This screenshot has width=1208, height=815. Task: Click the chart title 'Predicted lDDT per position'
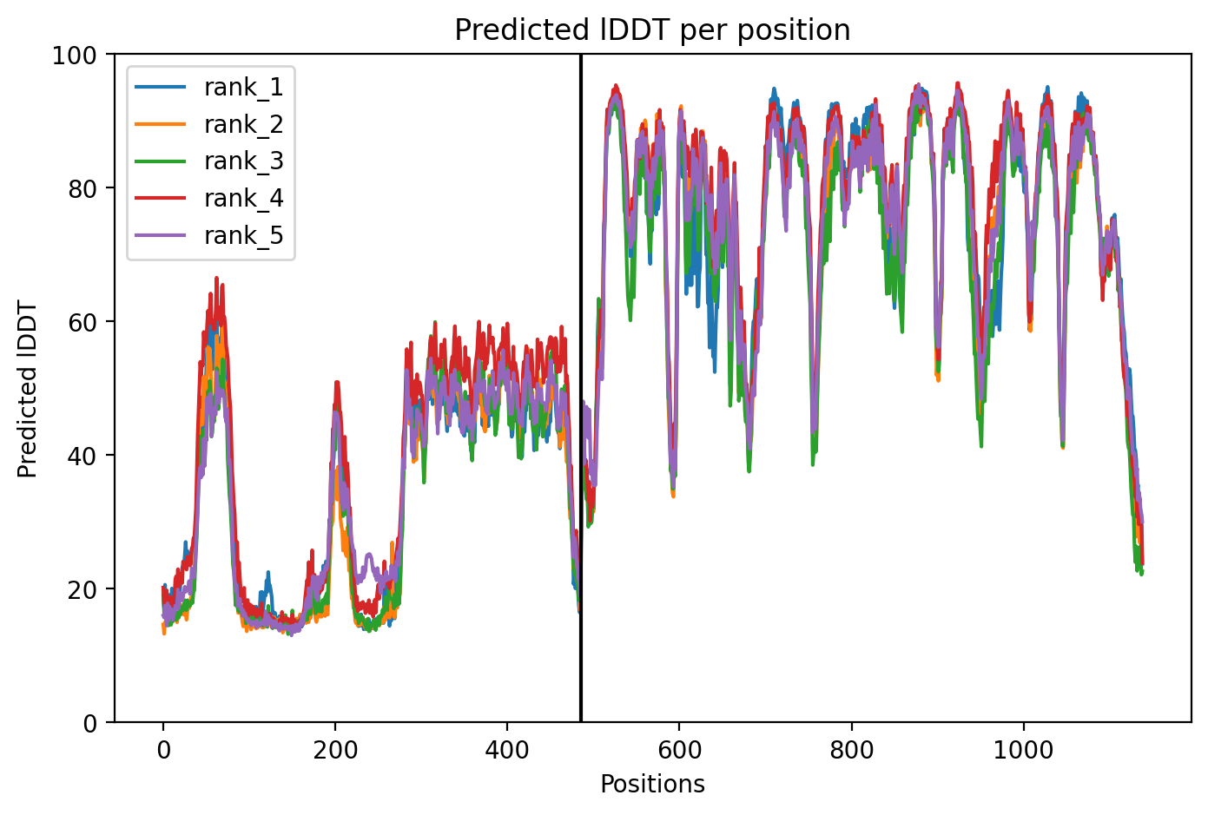(652, 30)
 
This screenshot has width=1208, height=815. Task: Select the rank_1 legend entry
(208, 87)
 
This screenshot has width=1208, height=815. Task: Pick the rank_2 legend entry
(208, 124)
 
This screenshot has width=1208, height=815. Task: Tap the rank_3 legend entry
(208, 161)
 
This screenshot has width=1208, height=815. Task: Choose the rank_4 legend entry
(208, 199)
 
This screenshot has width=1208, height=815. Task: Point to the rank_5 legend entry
(208, 235)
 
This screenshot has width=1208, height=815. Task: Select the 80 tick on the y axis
(82, 189)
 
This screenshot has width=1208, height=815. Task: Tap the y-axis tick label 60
(82, 323)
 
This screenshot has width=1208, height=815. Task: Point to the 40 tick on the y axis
(82, 457)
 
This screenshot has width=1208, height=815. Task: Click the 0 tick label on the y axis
(90, 724)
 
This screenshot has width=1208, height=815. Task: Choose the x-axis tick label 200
(335, 750)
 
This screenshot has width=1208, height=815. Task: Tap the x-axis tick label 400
(507, 750)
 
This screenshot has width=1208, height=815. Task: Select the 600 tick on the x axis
(679, 750)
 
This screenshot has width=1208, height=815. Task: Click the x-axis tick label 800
(852, 750)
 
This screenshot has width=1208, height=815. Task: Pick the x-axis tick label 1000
(1023, 750)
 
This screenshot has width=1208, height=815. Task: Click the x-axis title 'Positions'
(652, 785)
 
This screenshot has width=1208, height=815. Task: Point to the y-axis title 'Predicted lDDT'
(26, 389)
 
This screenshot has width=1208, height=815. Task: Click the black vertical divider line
(580, 388)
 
